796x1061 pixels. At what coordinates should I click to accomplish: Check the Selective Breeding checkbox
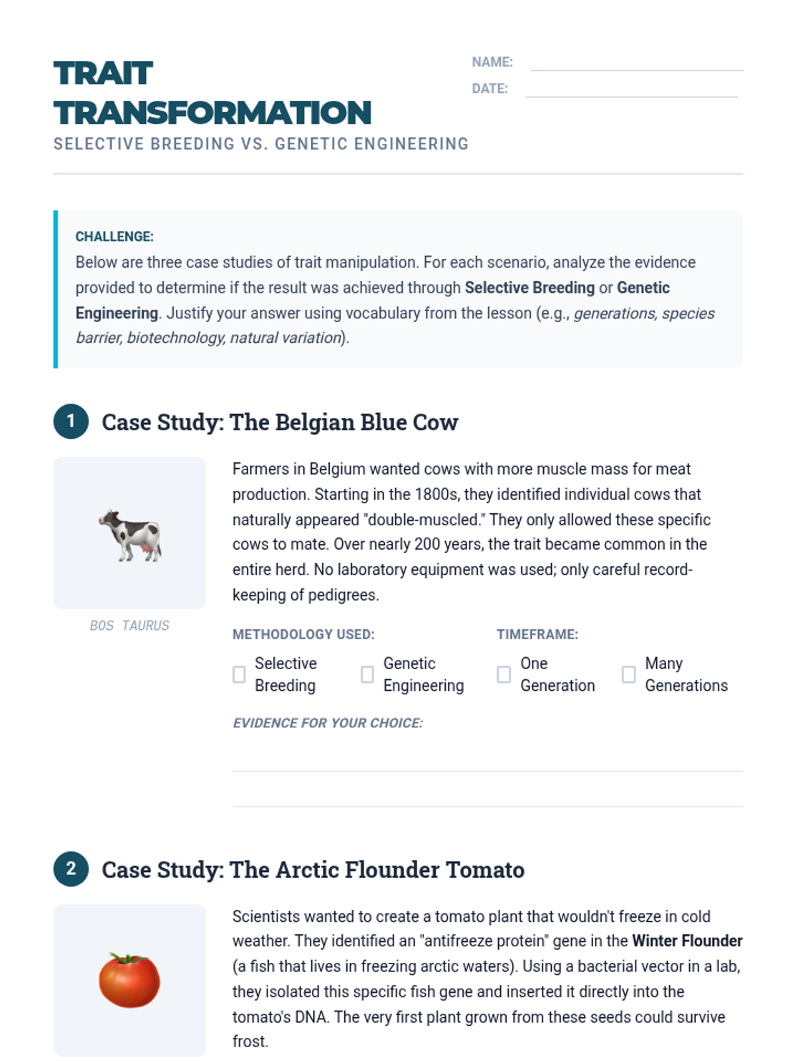tap(239, 674)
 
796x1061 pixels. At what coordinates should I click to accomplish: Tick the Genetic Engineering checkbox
tap(367, 674)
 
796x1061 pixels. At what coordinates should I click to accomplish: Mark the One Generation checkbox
tap(503, 674)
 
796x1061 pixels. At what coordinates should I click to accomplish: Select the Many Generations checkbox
tap(628, 674)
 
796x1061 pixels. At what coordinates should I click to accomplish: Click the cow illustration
tap(130, 534)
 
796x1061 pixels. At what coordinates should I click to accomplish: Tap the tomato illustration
tap(129, 980)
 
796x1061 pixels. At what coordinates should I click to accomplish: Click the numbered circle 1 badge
tap(71, 422)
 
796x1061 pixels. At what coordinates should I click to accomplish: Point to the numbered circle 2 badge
tap(71, 869)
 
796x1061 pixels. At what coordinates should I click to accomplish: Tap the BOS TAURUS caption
tap(129, 625)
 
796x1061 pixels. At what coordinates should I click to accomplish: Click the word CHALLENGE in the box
tap(113, 237)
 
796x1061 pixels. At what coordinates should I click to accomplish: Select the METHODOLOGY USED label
tap(303, 635)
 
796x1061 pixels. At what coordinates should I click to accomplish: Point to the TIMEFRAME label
tap(537, 635)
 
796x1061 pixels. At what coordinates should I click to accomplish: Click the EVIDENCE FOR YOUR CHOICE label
tap(327, 723)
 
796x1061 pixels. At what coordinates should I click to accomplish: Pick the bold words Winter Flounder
tap(687, 941)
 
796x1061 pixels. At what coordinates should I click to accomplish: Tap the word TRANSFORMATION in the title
tap(212, 113)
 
